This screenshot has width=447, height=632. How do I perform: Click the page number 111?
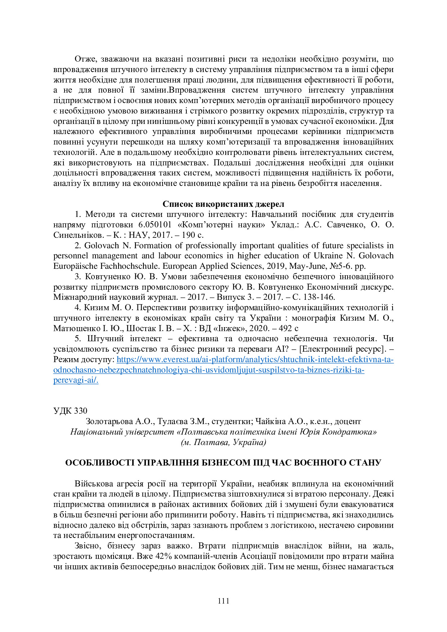pos(223,601)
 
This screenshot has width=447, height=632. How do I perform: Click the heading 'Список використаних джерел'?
pos(223,204)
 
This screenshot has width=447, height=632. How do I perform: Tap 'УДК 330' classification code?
pos(70,411)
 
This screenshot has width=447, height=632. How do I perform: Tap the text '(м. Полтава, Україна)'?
pos(223,442)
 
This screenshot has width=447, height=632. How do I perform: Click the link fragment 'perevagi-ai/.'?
pos(76,380)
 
